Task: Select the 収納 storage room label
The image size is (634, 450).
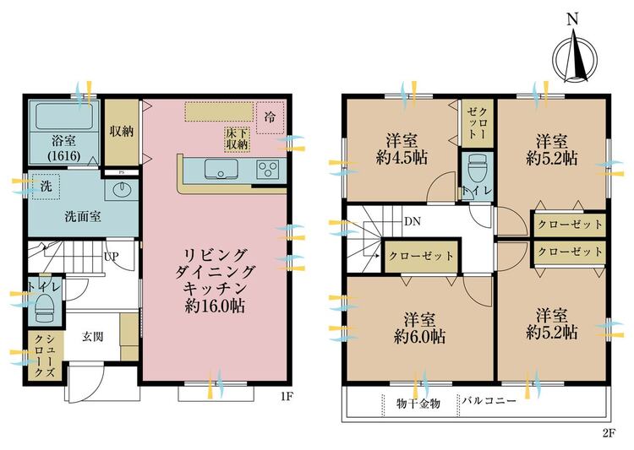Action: [x=122, y=132]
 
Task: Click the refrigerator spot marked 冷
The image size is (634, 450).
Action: [x=271, y=117]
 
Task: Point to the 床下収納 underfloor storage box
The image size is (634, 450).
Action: [x=237, y=140]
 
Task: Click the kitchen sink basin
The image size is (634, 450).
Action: [x=221, y=169]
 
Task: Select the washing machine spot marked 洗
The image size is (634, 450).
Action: [x=46, y=187]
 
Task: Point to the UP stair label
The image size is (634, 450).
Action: [x=111, y=256]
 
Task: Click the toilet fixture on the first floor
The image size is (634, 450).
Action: [x=45, y=306]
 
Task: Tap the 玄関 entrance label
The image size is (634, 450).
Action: [x=93, y=337]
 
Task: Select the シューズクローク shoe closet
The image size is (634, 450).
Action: [x=45, y=356]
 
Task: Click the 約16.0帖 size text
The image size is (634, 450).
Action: [x=215, y=306]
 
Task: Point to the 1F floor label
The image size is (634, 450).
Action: [x=287, y=396]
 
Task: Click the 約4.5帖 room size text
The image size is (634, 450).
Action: [x=402, y=157]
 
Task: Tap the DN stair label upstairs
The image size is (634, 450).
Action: [x=413, y=221]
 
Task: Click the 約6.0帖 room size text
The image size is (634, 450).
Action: [x=419, y=336]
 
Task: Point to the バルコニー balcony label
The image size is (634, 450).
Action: [x=489, y=401]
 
